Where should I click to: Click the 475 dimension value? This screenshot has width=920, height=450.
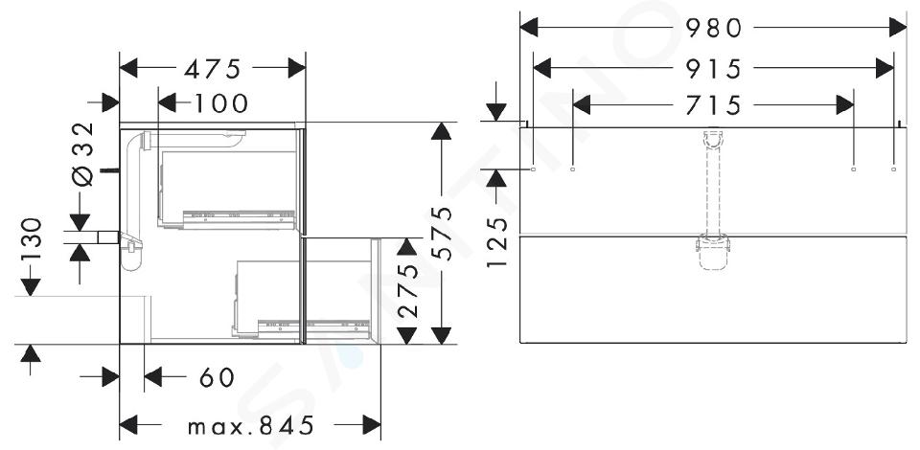click(213, 69)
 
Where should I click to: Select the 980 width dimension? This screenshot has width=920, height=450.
click(713, 28)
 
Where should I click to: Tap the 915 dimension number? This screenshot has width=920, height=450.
click(713, 69)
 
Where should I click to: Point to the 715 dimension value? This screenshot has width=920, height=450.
click(713, 105)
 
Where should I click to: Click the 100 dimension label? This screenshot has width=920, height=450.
click(221, 103)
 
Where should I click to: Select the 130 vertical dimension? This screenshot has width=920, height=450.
click(32, 239)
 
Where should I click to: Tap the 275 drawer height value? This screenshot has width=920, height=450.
click(408, 290)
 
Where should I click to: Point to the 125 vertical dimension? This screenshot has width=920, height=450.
click(497, 242)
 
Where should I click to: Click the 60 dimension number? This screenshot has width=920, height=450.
click(218, 378)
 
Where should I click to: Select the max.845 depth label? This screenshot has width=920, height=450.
click(251, 426)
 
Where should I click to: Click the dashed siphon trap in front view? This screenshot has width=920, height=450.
click(712, 251)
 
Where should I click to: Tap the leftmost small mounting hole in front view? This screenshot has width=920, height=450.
click(533, 169)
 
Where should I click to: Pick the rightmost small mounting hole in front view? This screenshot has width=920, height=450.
click(893, 169)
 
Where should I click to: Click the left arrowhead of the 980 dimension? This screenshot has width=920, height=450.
click(529, 28)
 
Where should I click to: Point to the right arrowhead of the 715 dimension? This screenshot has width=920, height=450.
click(845, 105)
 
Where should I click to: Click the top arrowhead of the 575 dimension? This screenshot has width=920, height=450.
click(441, 130)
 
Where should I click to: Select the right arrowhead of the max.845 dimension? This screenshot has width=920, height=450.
click(372, 425)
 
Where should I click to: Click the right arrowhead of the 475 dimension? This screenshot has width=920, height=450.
click(297, 69)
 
